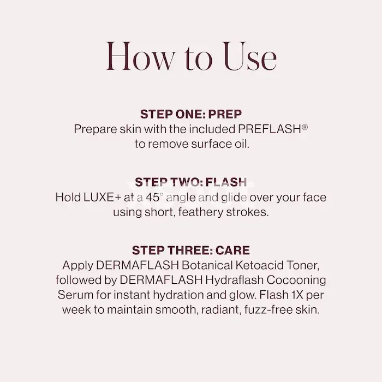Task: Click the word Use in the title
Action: click(250, 56)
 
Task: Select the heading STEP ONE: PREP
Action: click(191, 114)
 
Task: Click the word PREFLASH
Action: click(270, 129)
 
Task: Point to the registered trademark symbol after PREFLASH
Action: click(305, 127)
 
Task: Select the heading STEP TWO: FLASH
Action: click(191, 182)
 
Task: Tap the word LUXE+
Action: click(102, 198)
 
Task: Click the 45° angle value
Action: click(153, 198)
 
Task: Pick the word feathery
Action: click(200, 212)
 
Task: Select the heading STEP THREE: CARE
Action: click(191, 250)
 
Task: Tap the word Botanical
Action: click(207, 265)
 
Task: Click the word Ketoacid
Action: click(259, 265)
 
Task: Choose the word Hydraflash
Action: click(234, 280)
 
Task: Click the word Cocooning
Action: click(296, 280)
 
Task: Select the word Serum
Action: click(75, 295)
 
